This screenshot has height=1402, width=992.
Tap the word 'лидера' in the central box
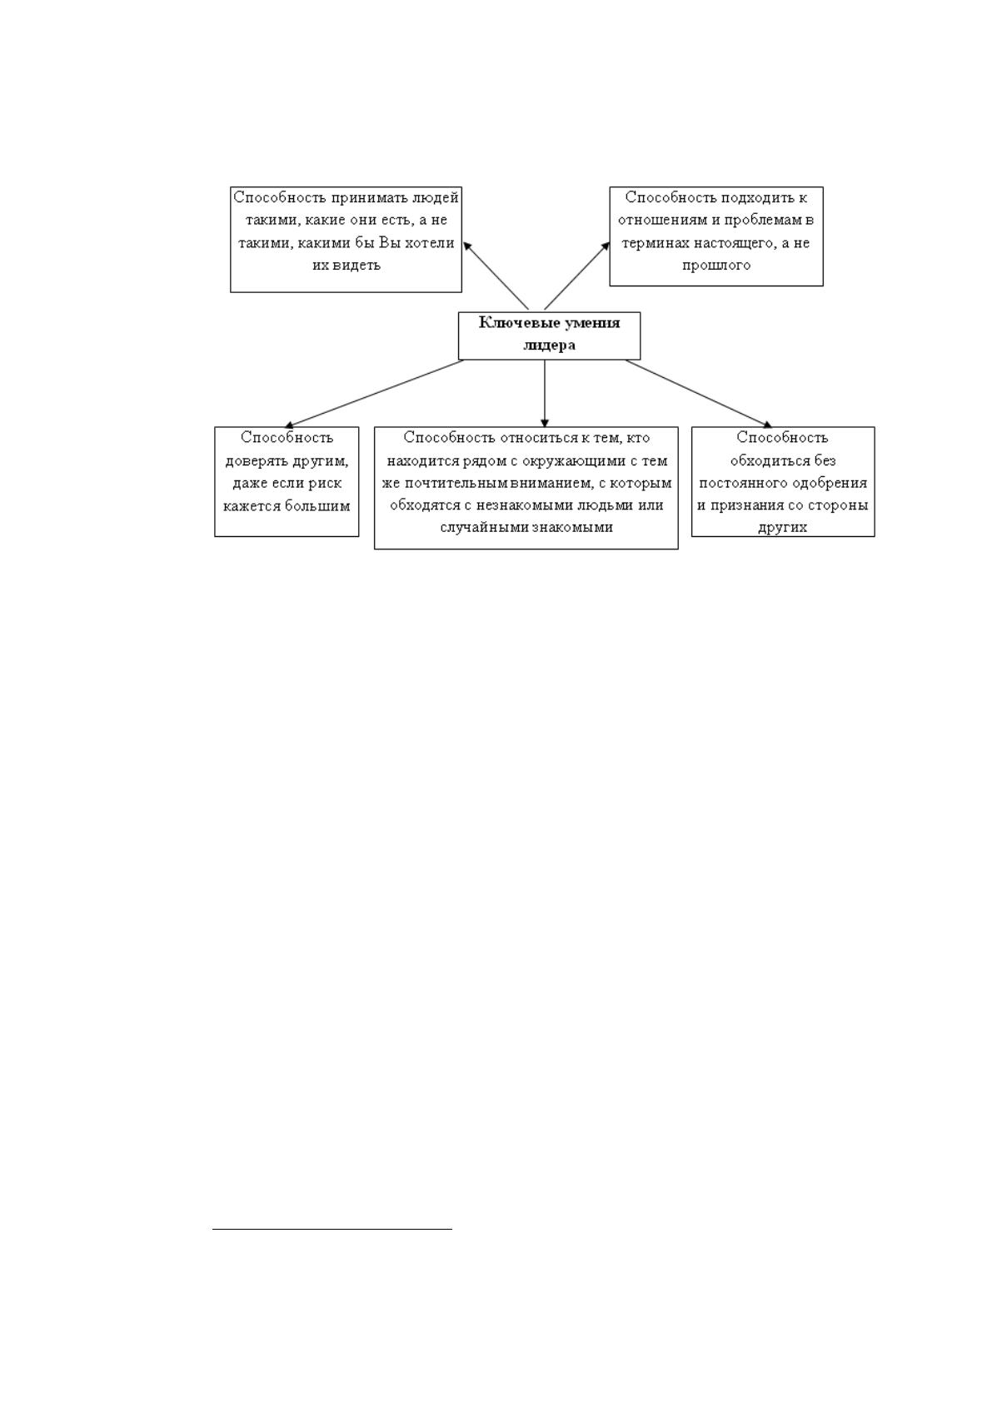pos(549,346)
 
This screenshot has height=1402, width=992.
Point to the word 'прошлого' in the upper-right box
pos(715,266)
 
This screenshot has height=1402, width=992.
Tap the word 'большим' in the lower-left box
pos(317,505)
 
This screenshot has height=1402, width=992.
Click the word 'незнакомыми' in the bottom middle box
pos(525,505)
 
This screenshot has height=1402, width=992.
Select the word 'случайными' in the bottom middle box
pos(484,528)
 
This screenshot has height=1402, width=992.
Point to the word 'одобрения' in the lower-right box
pos(830,483)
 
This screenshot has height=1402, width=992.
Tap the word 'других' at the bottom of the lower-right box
pos(782,528)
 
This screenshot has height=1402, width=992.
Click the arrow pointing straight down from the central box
pos(544,393)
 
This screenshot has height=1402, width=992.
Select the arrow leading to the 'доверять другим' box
pos(374,394)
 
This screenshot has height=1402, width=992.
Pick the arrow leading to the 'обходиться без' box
pos(698,394)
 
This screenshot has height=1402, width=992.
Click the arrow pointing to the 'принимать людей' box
pos(496,276)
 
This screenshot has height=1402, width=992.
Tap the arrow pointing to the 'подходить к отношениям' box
pos(576,276)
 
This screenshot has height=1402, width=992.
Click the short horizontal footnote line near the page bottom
pos(332,1230)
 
